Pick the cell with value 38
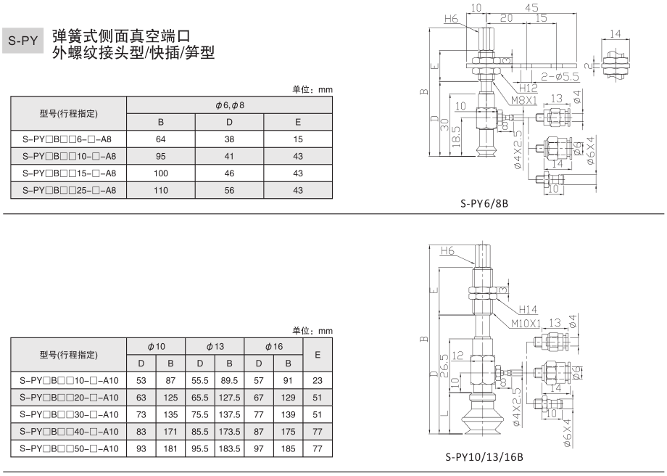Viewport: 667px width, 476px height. click(229, 139)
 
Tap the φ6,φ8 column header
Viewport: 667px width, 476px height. click(229, 105)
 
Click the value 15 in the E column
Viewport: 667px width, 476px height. click(298, 139)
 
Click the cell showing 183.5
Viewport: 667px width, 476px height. click(229, 448)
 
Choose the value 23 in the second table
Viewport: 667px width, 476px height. click(318, 379)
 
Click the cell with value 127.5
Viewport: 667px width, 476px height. click(229, 396)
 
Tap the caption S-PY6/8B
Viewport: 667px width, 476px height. click(484, 204)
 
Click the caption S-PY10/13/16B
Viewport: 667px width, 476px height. click(484, 458)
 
